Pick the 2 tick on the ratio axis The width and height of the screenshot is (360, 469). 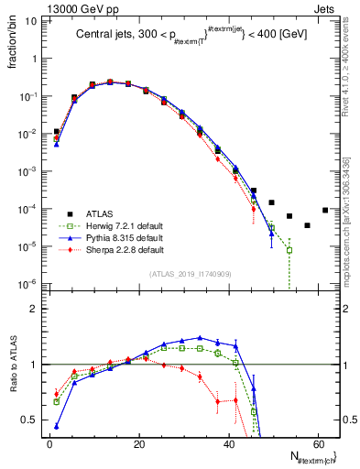tap(34, 309)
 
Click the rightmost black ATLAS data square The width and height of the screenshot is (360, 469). tap(325, 210)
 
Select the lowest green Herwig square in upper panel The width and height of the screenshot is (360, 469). tap(289, 250)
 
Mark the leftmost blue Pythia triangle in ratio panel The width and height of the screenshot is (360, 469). tap(57, 426)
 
